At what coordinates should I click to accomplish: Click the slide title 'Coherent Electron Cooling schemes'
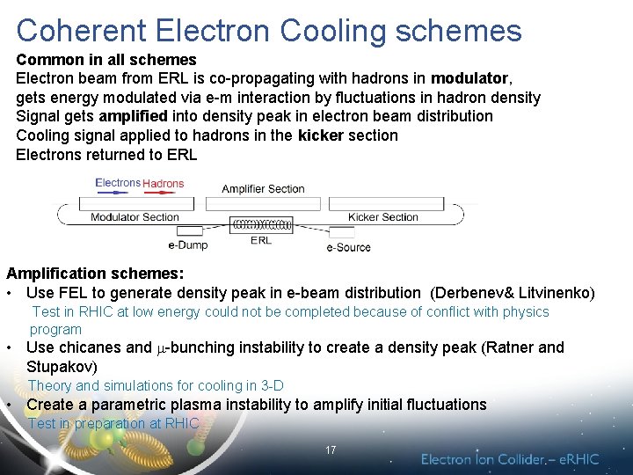[268, 30]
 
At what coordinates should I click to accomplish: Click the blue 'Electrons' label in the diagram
[118, 183]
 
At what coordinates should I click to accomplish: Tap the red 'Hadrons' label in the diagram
[164, 184]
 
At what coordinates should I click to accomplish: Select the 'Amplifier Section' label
[263, 189]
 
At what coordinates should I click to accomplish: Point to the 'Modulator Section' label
[135, 217]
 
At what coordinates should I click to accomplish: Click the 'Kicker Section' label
[383, 217]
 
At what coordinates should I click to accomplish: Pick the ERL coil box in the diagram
[261, 225]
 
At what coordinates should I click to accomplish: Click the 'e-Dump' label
[187, 245]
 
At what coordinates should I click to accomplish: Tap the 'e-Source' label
[348, 247]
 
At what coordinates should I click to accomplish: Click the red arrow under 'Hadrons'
[162, 195]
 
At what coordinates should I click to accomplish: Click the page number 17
[331, 450]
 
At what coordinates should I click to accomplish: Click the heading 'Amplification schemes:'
[95, 274]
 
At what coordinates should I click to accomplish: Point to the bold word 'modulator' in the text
[469, 78]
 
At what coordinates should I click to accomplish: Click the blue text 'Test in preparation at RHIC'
[113, 423]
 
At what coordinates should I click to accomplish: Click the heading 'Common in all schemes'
[106, 60]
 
